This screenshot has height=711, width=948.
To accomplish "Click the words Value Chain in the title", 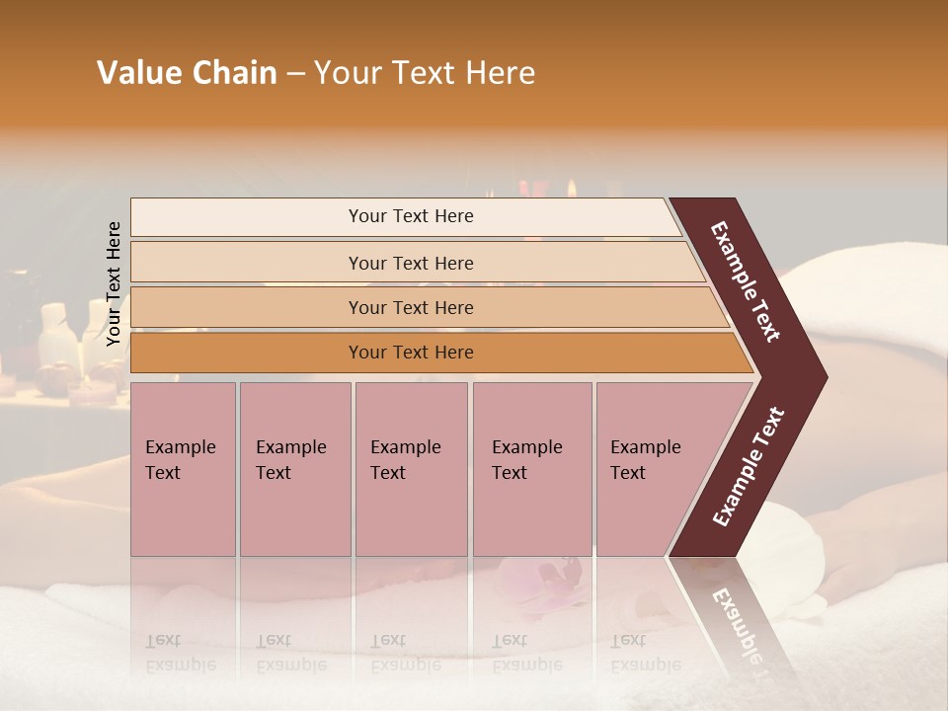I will click(187, 73).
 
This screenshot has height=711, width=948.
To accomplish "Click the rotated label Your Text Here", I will click(114, 283).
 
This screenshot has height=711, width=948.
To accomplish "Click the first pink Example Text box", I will click(183, 469).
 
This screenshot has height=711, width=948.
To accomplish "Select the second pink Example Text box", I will click(294, 469).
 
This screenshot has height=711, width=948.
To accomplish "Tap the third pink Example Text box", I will click(411, 469).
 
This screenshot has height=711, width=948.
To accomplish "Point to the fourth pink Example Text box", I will click(531, 469).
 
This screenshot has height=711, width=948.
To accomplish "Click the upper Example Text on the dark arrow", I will click(746, 281).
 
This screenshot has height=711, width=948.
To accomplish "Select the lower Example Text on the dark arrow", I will click(749, 467).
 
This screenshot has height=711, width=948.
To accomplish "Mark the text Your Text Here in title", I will click(425, 73).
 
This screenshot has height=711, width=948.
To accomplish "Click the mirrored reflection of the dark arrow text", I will click(741, 622).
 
